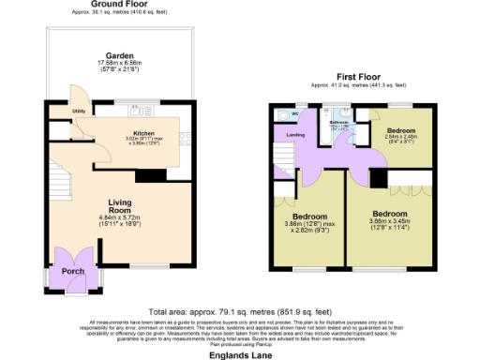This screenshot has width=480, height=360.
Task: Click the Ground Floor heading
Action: click(118, 5)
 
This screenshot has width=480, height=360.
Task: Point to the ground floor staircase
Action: click(58, 173)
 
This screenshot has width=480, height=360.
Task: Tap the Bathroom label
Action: click(338, 123)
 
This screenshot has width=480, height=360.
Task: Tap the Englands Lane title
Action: click(239, 354)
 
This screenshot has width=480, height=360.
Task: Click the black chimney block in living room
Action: click(149, 174)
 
